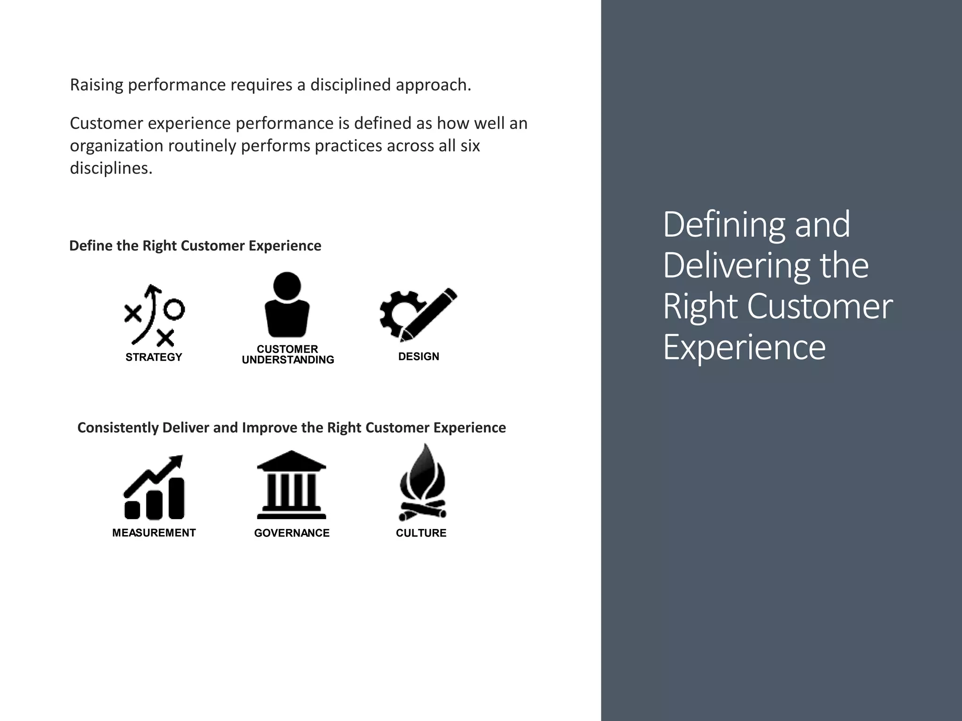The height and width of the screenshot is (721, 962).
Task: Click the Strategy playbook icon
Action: click(x=154, y=314)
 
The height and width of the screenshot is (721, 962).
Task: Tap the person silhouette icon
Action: click(x=287, y=305)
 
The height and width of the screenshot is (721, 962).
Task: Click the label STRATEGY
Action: click(x=154, y=357)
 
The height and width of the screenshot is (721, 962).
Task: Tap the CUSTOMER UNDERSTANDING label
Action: click(x=287, y=354)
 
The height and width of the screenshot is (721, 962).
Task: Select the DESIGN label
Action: click(x=419, y=357)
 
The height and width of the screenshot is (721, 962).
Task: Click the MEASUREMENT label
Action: click(x=154, y=533)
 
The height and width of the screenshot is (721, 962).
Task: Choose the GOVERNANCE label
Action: click(x=292, y=533)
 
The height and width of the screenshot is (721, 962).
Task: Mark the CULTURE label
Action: click(x=421, y=533)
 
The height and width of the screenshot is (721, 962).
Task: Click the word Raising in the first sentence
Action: click(x=96, y=85)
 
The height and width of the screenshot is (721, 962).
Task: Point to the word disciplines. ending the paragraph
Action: click(x=111, y=168)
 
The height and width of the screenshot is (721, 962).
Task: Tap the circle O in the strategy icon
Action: click(x=175, y=309)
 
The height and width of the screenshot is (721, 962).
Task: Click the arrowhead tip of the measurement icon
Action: click(x=179, y=459)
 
